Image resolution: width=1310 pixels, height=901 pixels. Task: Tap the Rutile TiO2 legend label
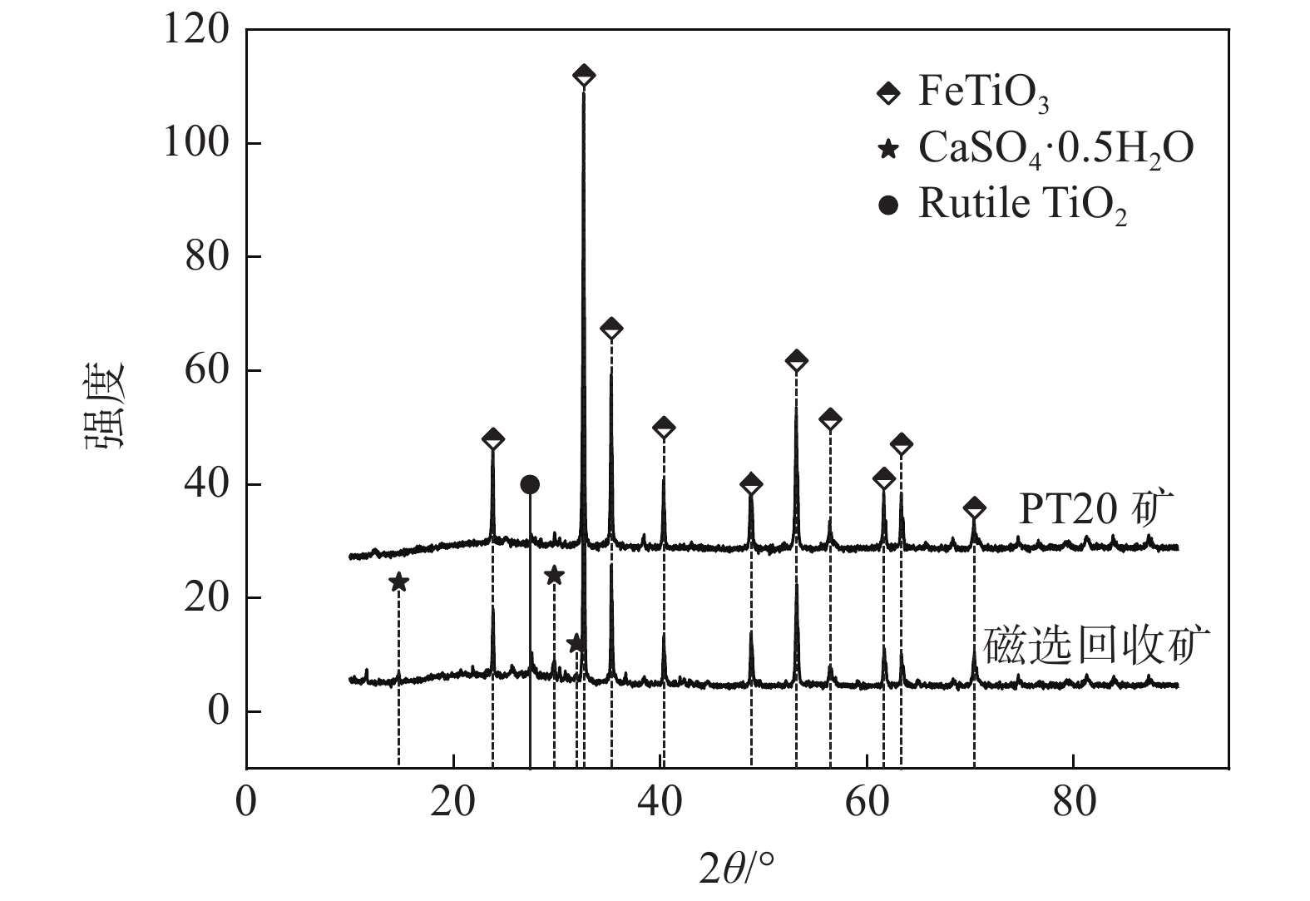click(x=1022, y=205)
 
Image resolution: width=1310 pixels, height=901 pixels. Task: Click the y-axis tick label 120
click(x=195, y=30)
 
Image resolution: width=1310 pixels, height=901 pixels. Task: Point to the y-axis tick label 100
click(x=195, y=144)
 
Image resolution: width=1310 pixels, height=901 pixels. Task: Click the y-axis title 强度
click(x=105, y=405)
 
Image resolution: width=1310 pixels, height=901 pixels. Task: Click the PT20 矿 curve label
click(x=1095, y=509)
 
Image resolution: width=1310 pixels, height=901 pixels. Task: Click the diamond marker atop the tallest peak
click(x=584, y=76)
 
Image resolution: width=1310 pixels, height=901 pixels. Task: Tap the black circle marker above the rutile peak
click(x=530, y=484)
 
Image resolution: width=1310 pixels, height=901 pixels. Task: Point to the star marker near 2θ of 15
click(x=399, y=582)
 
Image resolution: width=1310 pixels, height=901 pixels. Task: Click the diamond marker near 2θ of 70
click(x=974, y=507)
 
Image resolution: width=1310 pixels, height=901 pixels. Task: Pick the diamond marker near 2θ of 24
click(x=493, y=438)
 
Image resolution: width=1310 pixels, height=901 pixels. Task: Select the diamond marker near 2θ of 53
click(x=796, y=360)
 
